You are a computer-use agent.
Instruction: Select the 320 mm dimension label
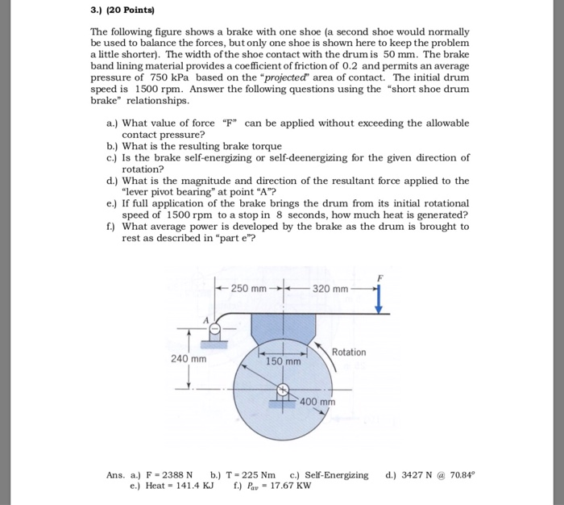click(x=330, y=289)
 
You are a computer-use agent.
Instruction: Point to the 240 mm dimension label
click(x=188, y=358)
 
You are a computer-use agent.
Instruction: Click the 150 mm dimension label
click(x=284, y=362)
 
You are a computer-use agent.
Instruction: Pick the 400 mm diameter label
click(x=317, y=401)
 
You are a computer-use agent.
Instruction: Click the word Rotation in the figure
click(x=348, y=353)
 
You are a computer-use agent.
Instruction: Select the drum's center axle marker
click(x=284, y=391)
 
